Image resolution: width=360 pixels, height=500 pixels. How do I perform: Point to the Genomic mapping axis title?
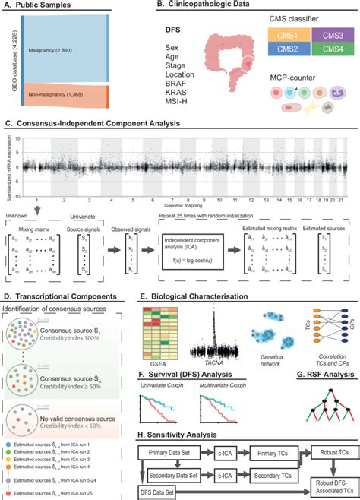(180, 204)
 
